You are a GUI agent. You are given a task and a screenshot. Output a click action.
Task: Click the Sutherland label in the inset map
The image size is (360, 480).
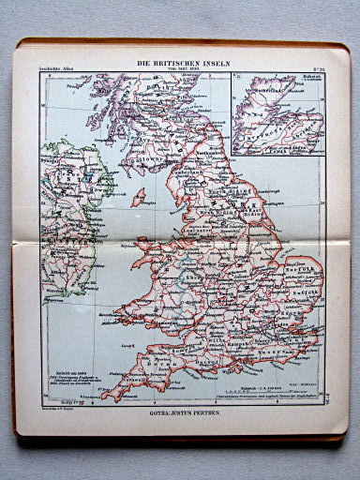pyautogui.click(x=261, y=95)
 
